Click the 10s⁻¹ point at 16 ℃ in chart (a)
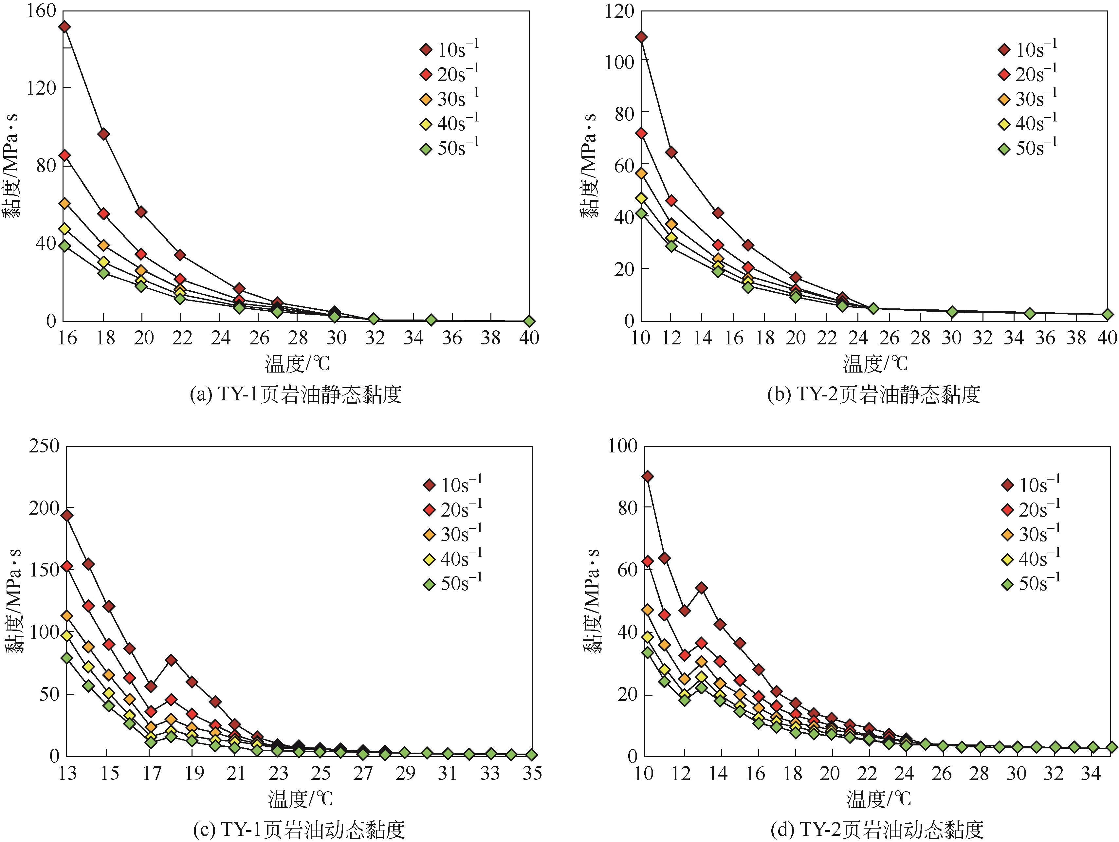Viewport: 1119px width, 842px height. [65, 27]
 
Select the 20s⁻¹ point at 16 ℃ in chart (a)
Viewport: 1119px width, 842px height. [65, 155]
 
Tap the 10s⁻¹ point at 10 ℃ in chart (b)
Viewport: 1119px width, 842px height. [641, 37]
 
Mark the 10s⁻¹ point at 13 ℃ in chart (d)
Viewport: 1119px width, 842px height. [702, 588]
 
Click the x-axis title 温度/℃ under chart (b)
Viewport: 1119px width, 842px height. [875, 364]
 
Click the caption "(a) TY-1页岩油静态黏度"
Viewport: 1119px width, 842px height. [296, 395]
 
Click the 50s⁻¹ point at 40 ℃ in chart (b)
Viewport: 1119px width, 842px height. [1107, 315]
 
